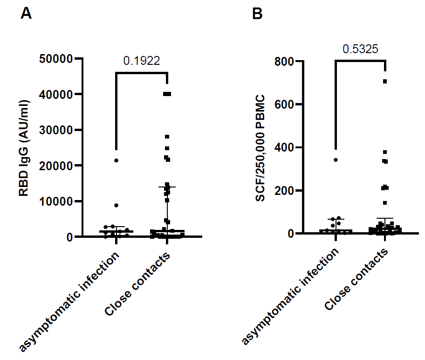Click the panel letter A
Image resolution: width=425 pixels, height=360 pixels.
(x=26, y=14)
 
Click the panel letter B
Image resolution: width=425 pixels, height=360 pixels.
(x=257, y=14)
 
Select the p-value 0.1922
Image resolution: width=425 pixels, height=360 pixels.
(x=142, y=60)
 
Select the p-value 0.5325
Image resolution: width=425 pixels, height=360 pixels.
(x=360, y=49)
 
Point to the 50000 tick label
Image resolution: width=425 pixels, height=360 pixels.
(x=60, y=59)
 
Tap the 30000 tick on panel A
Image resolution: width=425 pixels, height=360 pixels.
(x=60, y=130)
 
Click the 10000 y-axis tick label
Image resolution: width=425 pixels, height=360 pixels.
(x=60, y=201)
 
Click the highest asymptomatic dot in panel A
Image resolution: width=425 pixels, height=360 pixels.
(x=116, y=160)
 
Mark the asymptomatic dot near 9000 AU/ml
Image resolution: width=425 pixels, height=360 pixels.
(x=116, y=205)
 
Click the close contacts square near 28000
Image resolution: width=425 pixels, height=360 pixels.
(x=167, y=137)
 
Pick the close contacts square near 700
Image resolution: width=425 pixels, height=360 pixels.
(x=385, y=82)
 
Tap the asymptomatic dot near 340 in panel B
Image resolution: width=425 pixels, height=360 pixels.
(x=336, y=160)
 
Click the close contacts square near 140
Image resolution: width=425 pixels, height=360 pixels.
(x=385, y=203)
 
